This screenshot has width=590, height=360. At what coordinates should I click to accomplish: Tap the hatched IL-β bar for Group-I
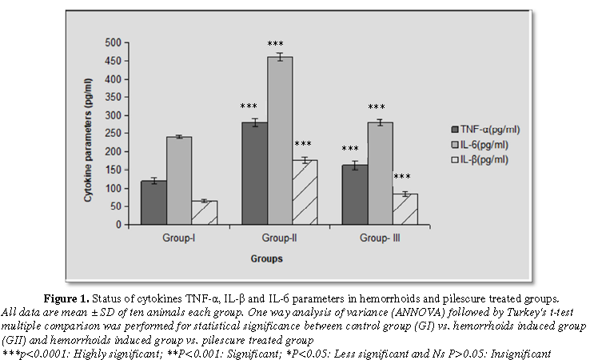[205, 213]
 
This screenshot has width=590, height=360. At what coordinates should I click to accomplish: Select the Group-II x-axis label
[280, 238]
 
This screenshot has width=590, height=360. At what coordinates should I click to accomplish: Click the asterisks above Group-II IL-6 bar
[276, 44]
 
